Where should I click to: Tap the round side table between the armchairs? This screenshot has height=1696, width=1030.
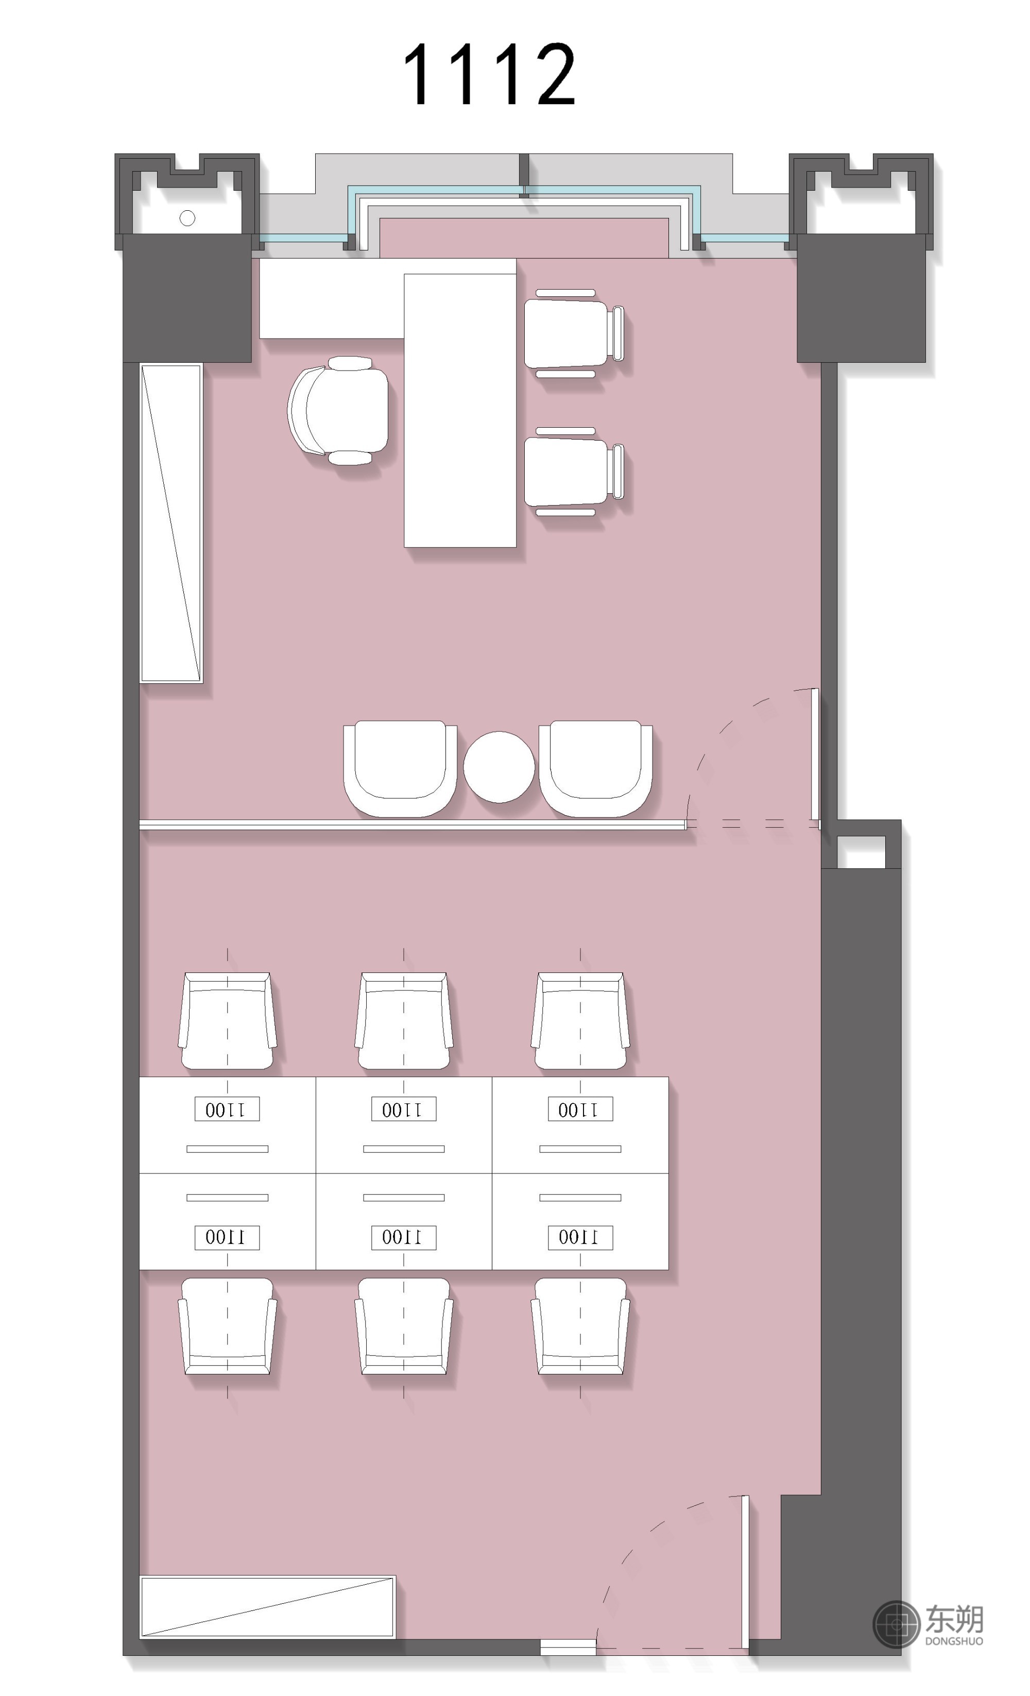click(499, 767)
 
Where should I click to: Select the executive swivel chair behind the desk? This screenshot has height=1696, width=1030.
click(338, 410)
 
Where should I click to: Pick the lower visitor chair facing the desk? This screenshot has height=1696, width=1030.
click(574, 472)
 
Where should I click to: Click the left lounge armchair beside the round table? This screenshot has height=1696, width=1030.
click(400, 768)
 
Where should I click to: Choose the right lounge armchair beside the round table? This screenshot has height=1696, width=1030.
click(596, 768)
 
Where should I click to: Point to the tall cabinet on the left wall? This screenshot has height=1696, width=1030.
click(171, 523)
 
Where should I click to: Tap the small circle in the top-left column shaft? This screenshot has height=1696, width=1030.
click(187, 218)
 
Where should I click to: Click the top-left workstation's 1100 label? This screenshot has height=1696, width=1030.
click(227, 1109)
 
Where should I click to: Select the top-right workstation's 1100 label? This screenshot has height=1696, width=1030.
click(580, 1109)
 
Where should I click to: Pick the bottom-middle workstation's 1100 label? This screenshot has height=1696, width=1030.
click(403, 1237)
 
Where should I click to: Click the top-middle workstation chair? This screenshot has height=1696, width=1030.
click(404, 1021)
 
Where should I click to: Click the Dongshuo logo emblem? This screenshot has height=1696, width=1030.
click(896, 1624)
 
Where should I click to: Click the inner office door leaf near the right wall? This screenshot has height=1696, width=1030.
click(815, 754)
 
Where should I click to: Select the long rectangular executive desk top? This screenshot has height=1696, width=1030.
click(459, 410)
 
